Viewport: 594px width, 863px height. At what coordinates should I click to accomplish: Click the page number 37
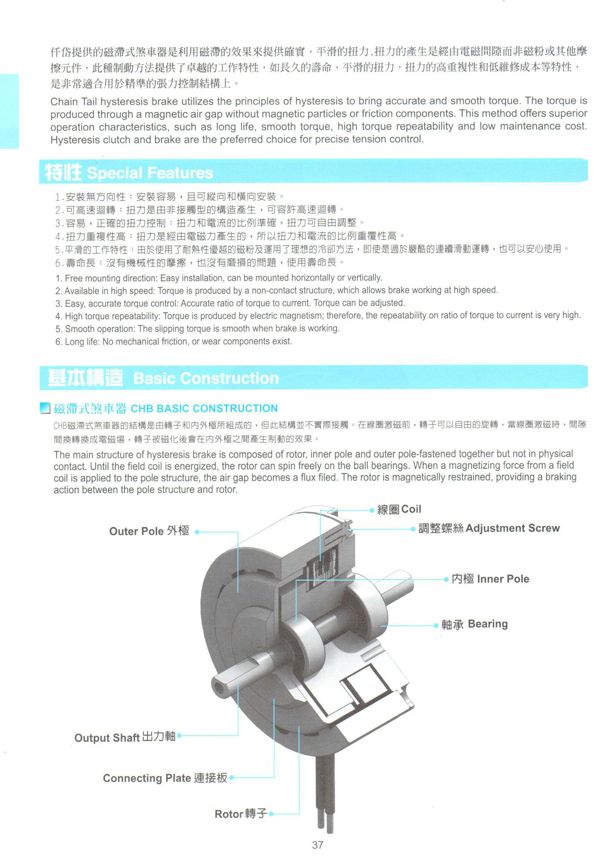[x=317, y=845]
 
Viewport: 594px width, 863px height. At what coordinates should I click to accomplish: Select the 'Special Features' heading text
[x=150, y=173]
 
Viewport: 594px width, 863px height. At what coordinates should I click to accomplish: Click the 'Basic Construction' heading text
[x=206, y=378]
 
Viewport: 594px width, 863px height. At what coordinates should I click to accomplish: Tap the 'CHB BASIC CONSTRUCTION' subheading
[x=204, y=408]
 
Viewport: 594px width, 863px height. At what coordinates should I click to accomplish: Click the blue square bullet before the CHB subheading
[x=45, y=408]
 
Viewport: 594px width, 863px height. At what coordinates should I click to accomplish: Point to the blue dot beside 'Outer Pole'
[x=197, y=532]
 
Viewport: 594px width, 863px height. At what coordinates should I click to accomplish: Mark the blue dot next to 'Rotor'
[x=271, y=814]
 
